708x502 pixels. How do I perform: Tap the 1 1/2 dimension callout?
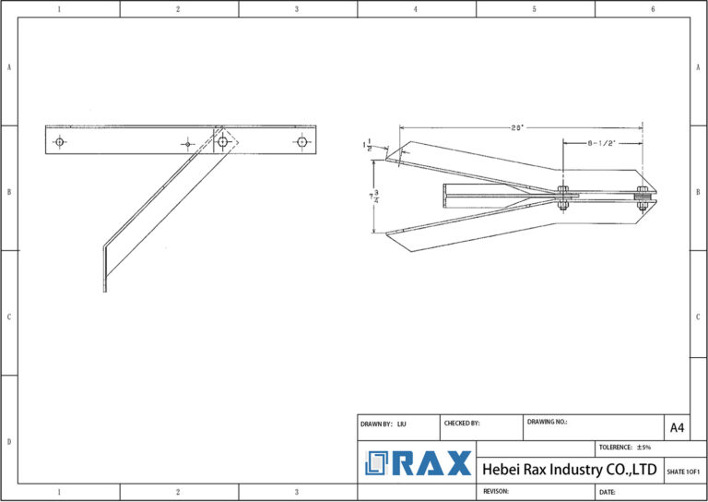click(368, 146)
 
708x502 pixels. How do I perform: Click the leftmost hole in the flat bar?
click(60, 142)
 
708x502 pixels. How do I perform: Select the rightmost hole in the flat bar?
click(301, 142)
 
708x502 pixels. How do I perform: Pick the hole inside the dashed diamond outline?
click(223, 142)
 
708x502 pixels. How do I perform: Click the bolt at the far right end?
click(642, 195)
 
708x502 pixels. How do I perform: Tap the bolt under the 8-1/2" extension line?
click(562, 195)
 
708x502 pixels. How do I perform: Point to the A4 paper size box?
click(677, 427)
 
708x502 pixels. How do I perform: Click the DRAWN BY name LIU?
click(402, 424)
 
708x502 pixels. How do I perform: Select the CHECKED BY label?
click(462, 424)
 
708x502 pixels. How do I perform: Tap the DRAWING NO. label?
click(548, 422)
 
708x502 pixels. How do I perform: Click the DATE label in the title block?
click(608, 492)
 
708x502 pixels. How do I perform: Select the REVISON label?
click(496, 492)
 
